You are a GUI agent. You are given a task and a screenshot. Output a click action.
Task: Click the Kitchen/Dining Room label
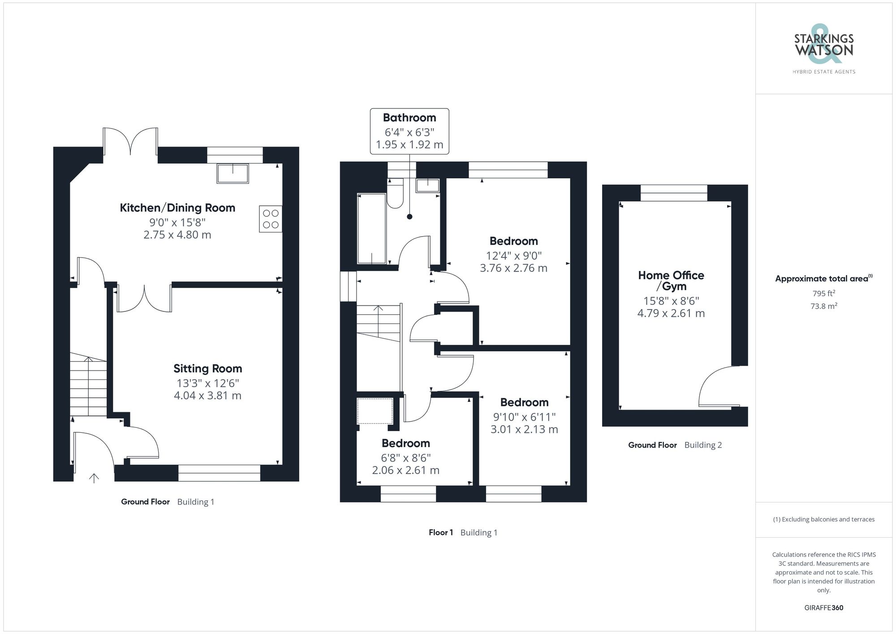pos(177,208)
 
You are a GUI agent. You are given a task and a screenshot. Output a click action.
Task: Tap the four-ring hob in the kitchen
pos(271,219)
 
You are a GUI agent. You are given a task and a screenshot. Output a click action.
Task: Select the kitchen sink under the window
pos(233,173)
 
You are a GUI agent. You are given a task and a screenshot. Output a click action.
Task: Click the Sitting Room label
pos(207,369)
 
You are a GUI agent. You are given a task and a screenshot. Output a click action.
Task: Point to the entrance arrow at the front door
pos(94,478)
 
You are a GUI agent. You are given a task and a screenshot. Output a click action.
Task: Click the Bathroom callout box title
pos(409,118)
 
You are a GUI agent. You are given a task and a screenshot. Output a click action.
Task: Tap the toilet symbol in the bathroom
pos(395,194)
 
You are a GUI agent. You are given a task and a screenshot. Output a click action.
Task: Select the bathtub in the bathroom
pos(371,229)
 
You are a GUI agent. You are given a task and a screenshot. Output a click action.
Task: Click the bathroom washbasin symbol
pos(427,185)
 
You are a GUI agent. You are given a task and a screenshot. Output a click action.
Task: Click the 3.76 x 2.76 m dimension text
pos(513,268)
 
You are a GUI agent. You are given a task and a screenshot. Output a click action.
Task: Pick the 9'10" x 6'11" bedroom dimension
pos(524,417)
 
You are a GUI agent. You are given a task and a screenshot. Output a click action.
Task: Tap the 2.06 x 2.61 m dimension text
pos(405,470)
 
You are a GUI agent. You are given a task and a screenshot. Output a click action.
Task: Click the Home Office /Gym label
pos(671,280)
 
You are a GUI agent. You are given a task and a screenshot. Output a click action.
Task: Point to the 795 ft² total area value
pos(823,294)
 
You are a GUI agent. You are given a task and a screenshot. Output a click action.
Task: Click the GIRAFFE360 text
pos(823,608)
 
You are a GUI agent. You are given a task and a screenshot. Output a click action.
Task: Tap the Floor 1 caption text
pos(441,533)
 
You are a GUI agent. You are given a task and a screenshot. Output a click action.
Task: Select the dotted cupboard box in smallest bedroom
pos(375,411)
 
